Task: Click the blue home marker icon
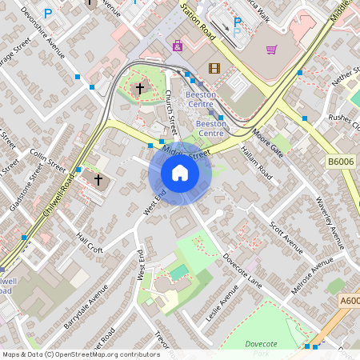[180, 173]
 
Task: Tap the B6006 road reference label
[340, 162]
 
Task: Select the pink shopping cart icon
[272, 50]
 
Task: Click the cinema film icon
[213, 67]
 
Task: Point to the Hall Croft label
[90, 244]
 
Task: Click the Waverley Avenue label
[329, 221]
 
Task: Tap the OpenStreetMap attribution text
[80, 354]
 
